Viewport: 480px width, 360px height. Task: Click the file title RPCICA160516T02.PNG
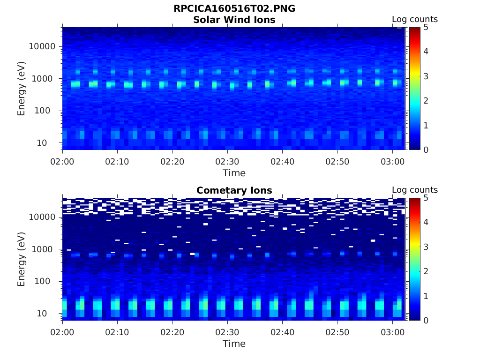click(x=234, y=8)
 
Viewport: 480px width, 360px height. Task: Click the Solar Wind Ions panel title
click(x=234, y=20)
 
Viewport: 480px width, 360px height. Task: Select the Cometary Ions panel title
click(x=234, y=190)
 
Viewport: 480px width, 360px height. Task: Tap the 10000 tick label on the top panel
click(x=43, y=46)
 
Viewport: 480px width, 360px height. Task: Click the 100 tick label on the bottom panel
click(x=47, y=281)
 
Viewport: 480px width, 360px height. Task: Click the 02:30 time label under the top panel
click(x=227, y=162)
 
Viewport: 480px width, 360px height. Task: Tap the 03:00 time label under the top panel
click(x=392, y=162)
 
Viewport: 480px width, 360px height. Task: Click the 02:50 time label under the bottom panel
click(x=337, y=332)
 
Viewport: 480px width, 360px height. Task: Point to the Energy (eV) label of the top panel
click(x=22, y=88)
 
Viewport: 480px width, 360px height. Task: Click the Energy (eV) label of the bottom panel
click(x=22, y=259)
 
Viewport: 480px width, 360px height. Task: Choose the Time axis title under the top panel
click(x=234, y=173)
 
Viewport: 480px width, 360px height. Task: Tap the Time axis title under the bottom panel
click(x=234, y=344)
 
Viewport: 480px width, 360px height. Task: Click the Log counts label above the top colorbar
click(x=414, y=20)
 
